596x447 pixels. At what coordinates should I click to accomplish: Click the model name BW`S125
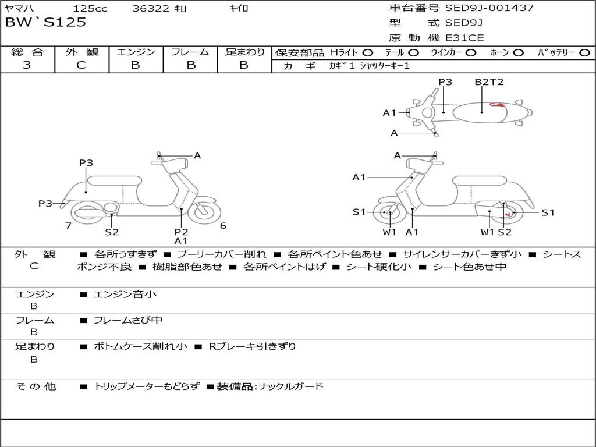pyautogui.click(x=45, y=23)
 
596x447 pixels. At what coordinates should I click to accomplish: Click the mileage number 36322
pyautogui.click(x=150, y=9)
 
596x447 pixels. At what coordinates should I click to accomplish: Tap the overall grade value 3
pyautogui.click(x=27, y=65)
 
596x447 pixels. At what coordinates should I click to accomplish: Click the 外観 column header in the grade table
pyautogui.click(x=81, y=52)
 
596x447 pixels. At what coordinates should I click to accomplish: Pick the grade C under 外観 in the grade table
pyautogui.click(x=81, y=65)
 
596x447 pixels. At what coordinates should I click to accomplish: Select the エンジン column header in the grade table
pyautogui.click(x=136, y=52)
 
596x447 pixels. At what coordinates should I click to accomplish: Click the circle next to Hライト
pyautogui.click(x=368, y=52)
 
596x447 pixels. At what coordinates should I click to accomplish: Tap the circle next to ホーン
pyautogui.click(x=519, y=52)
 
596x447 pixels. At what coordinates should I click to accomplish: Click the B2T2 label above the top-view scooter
pyautogui.click(x=489, y=82)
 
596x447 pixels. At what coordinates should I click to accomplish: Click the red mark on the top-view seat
pyautogui.click(x=497, y=105)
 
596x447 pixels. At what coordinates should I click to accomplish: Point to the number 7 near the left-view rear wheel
pyautogui.click(x=68, y=226)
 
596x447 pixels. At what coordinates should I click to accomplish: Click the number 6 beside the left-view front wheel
pyautogui.click(x=223, y=226)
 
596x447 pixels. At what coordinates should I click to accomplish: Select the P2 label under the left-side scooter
pyautogui.click(x=181, y=232)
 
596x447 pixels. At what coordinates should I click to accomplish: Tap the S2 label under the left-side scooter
pyautogui.click(x=112, y=232)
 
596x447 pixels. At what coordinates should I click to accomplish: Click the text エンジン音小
pyautogui.click(x=125, y=295)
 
